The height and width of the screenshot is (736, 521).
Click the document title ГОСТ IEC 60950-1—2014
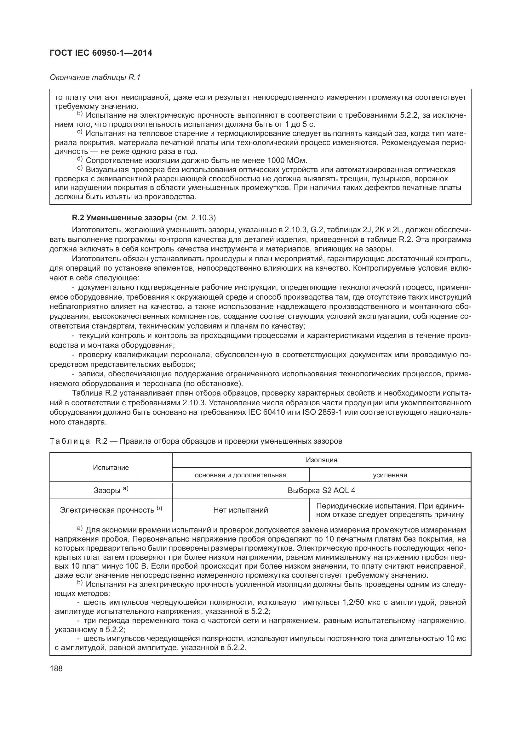pyautogui.click(x=101, y=53)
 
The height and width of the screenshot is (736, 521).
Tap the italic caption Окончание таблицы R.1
pyautogui.click(x=95, y=77)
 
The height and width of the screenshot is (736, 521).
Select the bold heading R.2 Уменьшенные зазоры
pyautogui.click(x=122, y=218)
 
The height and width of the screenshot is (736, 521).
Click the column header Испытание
pyautogui.click(x=111, y=467)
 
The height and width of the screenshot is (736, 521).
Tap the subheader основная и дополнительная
pyautogui.click(x=240, y=475)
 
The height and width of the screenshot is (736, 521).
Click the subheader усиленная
pyautogui.click(x=389, y=475)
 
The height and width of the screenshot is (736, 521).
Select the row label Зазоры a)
pyautogui.click(x=111, y=490)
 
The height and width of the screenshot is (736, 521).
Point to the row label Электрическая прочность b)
pyautogui.click(x=111, y=510)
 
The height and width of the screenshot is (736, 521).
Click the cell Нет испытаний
pyautogui.click(x=240, y=510)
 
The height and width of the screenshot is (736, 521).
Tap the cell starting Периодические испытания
pyautogui.click(x=389, y=510)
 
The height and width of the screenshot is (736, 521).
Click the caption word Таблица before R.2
pyautogui.click(x=70, y=441)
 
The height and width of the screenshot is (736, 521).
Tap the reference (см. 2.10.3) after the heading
pyautogui.click(x=195, y=218)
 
